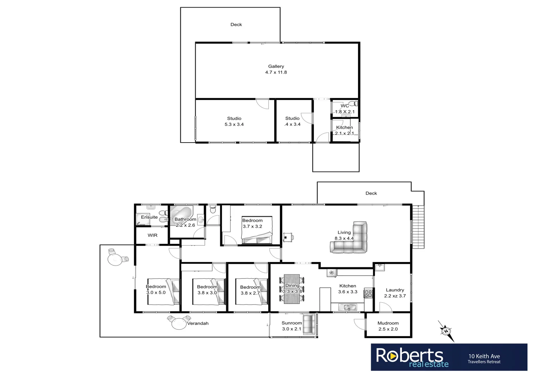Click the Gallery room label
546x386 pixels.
point(276,66)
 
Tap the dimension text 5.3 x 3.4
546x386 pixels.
point(234,124)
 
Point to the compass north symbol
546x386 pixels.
point(446,331)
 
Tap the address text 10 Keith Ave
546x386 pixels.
point(484,356)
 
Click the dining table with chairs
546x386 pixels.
point(292,289)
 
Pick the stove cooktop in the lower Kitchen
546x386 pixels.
point(368,294)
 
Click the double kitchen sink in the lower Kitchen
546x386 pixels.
point(348,307)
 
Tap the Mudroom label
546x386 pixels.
point(388,323)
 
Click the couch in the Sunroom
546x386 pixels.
point(308,325)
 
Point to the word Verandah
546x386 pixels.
point(198,323)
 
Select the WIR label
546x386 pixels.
point(153,235)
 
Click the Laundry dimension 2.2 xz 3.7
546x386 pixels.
point(395,296)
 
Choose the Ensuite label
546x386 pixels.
point(149,217)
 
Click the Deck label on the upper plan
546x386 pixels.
point(236,25)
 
